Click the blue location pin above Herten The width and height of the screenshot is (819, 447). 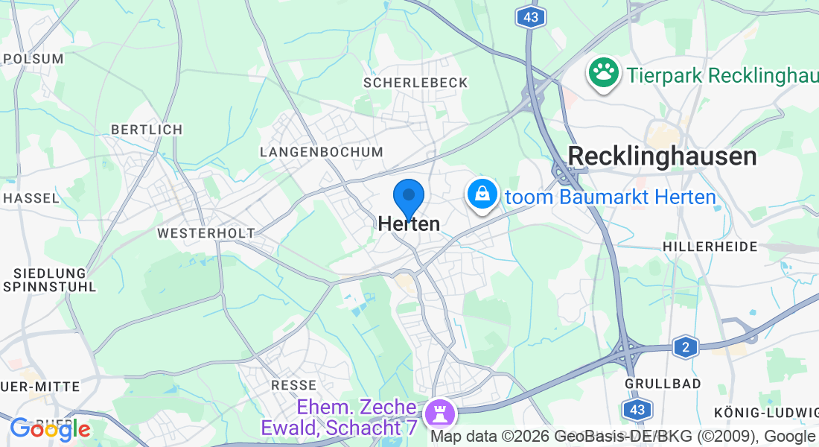(408, 197)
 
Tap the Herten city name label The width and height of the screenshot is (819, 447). (409, 223)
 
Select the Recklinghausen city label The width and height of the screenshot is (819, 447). (662, 156)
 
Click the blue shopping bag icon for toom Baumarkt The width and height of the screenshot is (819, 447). (482, 195)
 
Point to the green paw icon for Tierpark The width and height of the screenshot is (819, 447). (604, 73)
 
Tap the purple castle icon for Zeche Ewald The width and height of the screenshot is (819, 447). (437, 411)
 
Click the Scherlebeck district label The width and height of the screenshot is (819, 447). (415, 83)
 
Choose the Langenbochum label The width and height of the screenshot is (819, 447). (321, 152)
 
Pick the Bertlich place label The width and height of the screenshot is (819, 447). (147, 130)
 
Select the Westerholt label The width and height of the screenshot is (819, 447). (205, 233)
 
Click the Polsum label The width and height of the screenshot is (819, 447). (33, 58)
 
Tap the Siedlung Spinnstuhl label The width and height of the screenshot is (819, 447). (49, 279)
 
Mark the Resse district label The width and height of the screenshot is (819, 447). (294, 385)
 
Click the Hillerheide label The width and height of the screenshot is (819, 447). (710, 246)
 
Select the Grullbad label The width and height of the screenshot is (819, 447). (663, 384)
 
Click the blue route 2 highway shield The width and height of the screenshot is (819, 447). (686, 346)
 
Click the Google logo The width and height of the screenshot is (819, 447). (50, 428)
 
